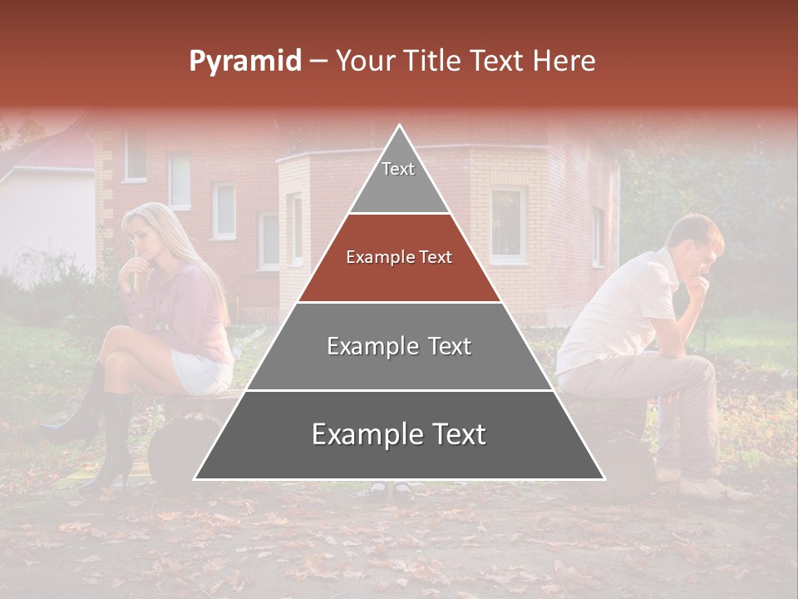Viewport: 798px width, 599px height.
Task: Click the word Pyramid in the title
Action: coord(244,61)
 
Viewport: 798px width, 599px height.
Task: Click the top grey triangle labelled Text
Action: coord(398,179)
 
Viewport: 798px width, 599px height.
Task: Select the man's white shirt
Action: coord(615,308)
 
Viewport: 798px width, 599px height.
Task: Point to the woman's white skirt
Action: coord(201,370)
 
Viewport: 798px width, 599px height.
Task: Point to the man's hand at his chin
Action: coord(697,287)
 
